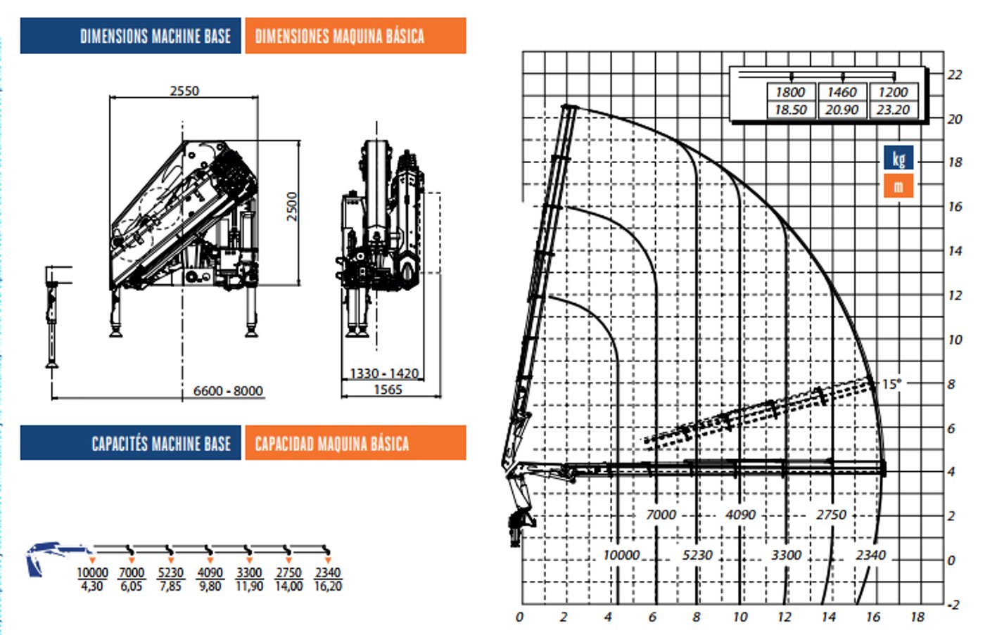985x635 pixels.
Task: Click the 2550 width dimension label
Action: [x=184, y=91]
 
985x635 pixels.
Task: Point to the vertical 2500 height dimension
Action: [x=292, y=207]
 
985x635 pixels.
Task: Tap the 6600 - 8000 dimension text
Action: [x=228, y=390]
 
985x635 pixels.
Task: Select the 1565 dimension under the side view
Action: [x=388, y=390]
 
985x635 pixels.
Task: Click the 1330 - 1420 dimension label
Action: [x=384, y=373]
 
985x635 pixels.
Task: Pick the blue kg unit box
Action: [x=898, y=158]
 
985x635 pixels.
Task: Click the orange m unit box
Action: [x=898, y=186]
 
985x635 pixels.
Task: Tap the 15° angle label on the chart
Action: [x=891, y=384]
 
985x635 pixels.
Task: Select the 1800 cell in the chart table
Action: [x=790, y=92]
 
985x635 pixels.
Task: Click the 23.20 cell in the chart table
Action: [x=893, y=110]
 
